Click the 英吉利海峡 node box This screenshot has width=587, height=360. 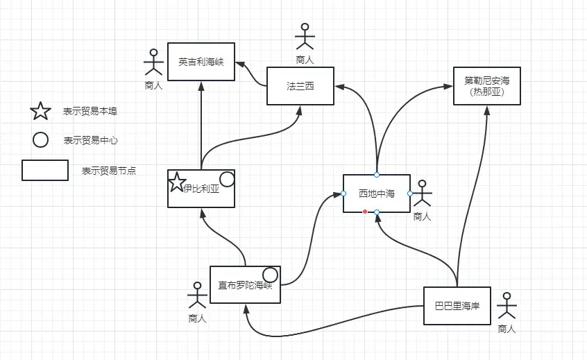tap(201, 62)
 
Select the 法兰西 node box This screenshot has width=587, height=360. tap(300, 86)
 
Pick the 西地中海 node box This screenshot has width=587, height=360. tap(377, 194)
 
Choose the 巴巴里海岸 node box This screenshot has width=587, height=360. tap(457, 305)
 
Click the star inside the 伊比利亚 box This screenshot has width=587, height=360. tap(178, 182)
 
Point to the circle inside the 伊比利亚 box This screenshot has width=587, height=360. tap(227, 180)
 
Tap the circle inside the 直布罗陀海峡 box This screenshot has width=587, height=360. tap(271, 275)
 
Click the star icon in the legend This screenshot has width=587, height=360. tap(41, 111)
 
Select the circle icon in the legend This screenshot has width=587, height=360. tap(41, 140)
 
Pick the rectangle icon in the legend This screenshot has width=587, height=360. tap(45, 170)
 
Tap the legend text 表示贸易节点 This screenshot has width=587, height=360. tap(109, 170)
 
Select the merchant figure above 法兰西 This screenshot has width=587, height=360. tap(305, 35)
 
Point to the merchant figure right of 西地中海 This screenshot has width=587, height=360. tap(422, 196)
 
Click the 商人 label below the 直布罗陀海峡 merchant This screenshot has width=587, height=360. tap(198, 318)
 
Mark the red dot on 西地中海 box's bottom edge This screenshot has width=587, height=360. tap(365, 211)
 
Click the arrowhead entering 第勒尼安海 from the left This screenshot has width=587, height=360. tap(448, 87)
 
